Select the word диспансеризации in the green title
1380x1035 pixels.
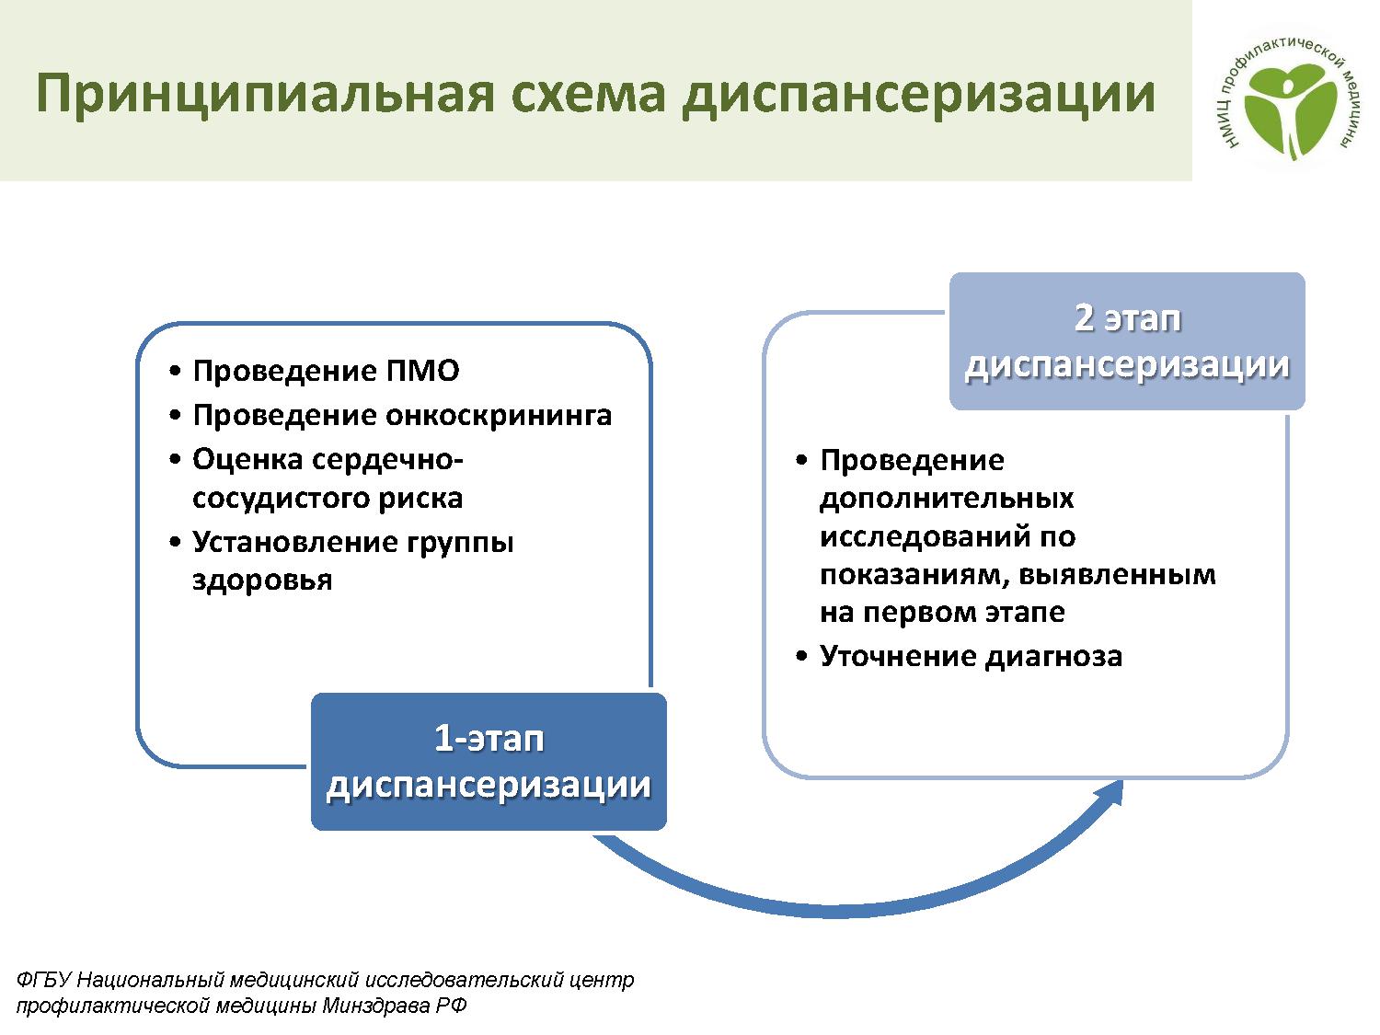pos(918,94)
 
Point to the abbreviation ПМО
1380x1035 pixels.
pos(422,370)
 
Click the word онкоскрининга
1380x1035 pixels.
pos(498,416)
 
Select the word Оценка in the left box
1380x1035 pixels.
pos(247,459)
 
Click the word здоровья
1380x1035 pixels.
pos(262,581)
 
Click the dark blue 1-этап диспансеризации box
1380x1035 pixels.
pos(489,762)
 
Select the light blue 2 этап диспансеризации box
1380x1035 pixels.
pos(1127,341)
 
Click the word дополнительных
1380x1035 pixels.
pos(946,499)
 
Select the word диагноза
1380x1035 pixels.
pos(1053,657)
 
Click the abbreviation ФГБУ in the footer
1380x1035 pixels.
pos(43,980)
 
